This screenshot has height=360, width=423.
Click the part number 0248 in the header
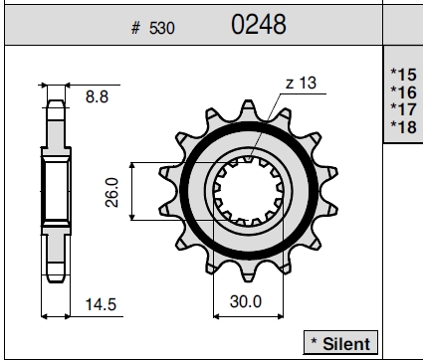coord(259,25)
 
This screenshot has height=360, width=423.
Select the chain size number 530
coord(161,28)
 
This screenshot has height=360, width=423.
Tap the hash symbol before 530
coord(135,28)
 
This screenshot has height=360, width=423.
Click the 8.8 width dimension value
coord(97,96)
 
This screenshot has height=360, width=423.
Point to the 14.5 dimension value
coord(101,304)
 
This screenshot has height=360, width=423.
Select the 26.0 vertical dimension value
coord(111,192)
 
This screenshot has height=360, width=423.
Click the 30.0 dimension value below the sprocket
coord(246,301)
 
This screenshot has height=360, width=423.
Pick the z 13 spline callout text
coord(301,83)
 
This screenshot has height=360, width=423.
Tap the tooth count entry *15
coord(403,75)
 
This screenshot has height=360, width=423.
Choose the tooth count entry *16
coord(403,92)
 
